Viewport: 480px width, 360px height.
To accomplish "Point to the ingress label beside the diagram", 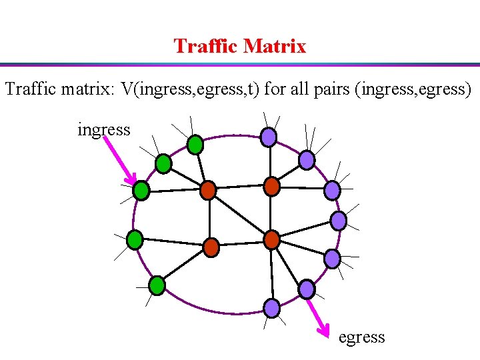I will click(104, 129).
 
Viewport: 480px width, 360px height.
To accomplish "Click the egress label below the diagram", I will click(361, 337).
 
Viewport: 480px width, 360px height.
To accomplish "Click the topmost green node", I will click(195, 143).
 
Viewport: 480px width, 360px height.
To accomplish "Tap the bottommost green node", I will click(157, 286).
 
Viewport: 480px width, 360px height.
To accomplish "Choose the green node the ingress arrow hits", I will click(141, 191).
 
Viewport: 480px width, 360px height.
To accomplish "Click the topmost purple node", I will click(268, 137).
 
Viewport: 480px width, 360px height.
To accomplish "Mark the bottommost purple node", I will click(272, 307).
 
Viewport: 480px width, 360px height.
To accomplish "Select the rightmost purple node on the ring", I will click(339, 221).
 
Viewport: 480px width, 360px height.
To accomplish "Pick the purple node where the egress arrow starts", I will click(306, 289).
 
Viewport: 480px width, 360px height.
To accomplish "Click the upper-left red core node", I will click(209, 191).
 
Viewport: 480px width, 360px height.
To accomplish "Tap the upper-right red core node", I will click(271, 186).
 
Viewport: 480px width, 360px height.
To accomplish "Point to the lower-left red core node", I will click(211, 247).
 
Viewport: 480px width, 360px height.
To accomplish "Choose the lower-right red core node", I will click(271, 239).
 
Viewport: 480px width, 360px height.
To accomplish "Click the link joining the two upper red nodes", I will click(240, 188).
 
